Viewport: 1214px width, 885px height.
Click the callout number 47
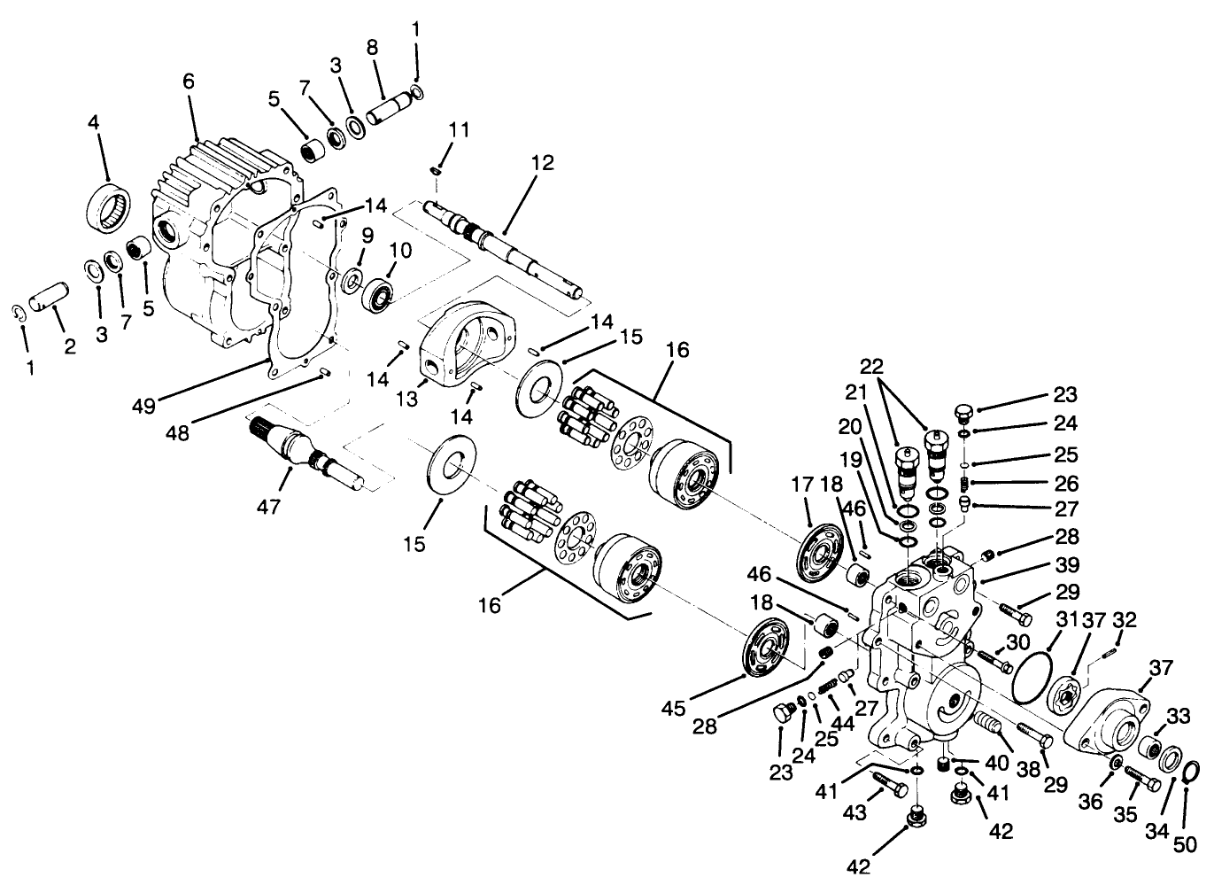coord(269,506)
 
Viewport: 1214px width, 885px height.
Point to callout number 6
coord(188,80)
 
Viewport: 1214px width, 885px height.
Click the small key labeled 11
coord(436,168)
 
